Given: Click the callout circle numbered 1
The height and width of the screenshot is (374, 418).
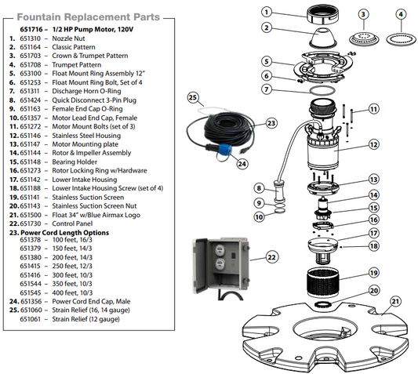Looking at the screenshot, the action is [x=267, y=12].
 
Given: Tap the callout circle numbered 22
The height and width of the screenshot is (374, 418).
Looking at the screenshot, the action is [x=271, y=257].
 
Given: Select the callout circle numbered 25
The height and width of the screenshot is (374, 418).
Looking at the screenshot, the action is [x=193, y=97].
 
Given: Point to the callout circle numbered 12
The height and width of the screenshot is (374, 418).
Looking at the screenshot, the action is [x=374, y=144].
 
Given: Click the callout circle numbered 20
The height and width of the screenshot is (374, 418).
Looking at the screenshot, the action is [x=374, y=290].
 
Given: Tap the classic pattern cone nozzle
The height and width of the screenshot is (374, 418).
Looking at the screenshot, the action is [x=323, y=38].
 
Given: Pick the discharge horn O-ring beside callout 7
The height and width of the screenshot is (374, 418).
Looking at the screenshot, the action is [x=322, y=90].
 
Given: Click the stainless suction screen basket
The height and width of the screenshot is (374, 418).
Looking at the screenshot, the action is [x=323, y=282].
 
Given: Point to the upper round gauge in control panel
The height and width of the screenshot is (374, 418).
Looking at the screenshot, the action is [x=220, y=250].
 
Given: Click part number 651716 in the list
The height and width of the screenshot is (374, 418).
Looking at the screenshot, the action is [x=31, y=29].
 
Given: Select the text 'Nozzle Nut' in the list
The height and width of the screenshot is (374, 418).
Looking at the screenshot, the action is [x=68, y=38].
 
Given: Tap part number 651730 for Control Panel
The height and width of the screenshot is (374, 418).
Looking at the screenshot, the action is [x=31, y=223].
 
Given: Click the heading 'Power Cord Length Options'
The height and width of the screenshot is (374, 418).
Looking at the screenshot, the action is [x=65, y=232].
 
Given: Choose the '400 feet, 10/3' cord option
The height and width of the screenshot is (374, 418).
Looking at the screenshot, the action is [x=72, y=292].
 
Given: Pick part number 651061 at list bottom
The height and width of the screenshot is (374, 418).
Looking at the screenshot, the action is [x=30, y=319].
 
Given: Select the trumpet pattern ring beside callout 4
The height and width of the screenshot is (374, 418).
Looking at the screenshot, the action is [x=401, y=39].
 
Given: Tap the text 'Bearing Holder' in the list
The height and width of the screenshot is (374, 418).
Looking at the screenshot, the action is [x=75, y=162].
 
